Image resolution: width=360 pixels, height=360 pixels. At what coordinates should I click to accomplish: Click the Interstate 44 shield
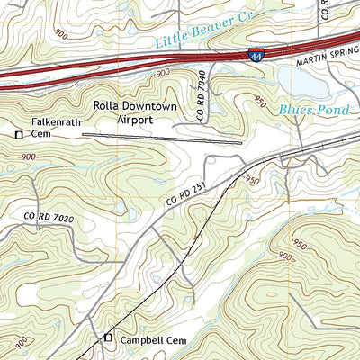257,56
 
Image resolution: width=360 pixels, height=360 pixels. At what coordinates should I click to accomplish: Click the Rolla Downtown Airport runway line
162,138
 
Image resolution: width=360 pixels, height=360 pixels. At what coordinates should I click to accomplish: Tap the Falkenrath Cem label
54,128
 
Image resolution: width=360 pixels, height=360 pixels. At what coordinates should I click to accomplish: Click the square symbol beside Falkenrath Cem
19,135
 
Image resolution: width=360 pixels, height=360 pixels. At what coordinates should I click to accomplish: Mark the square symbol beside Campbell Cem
108,338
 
